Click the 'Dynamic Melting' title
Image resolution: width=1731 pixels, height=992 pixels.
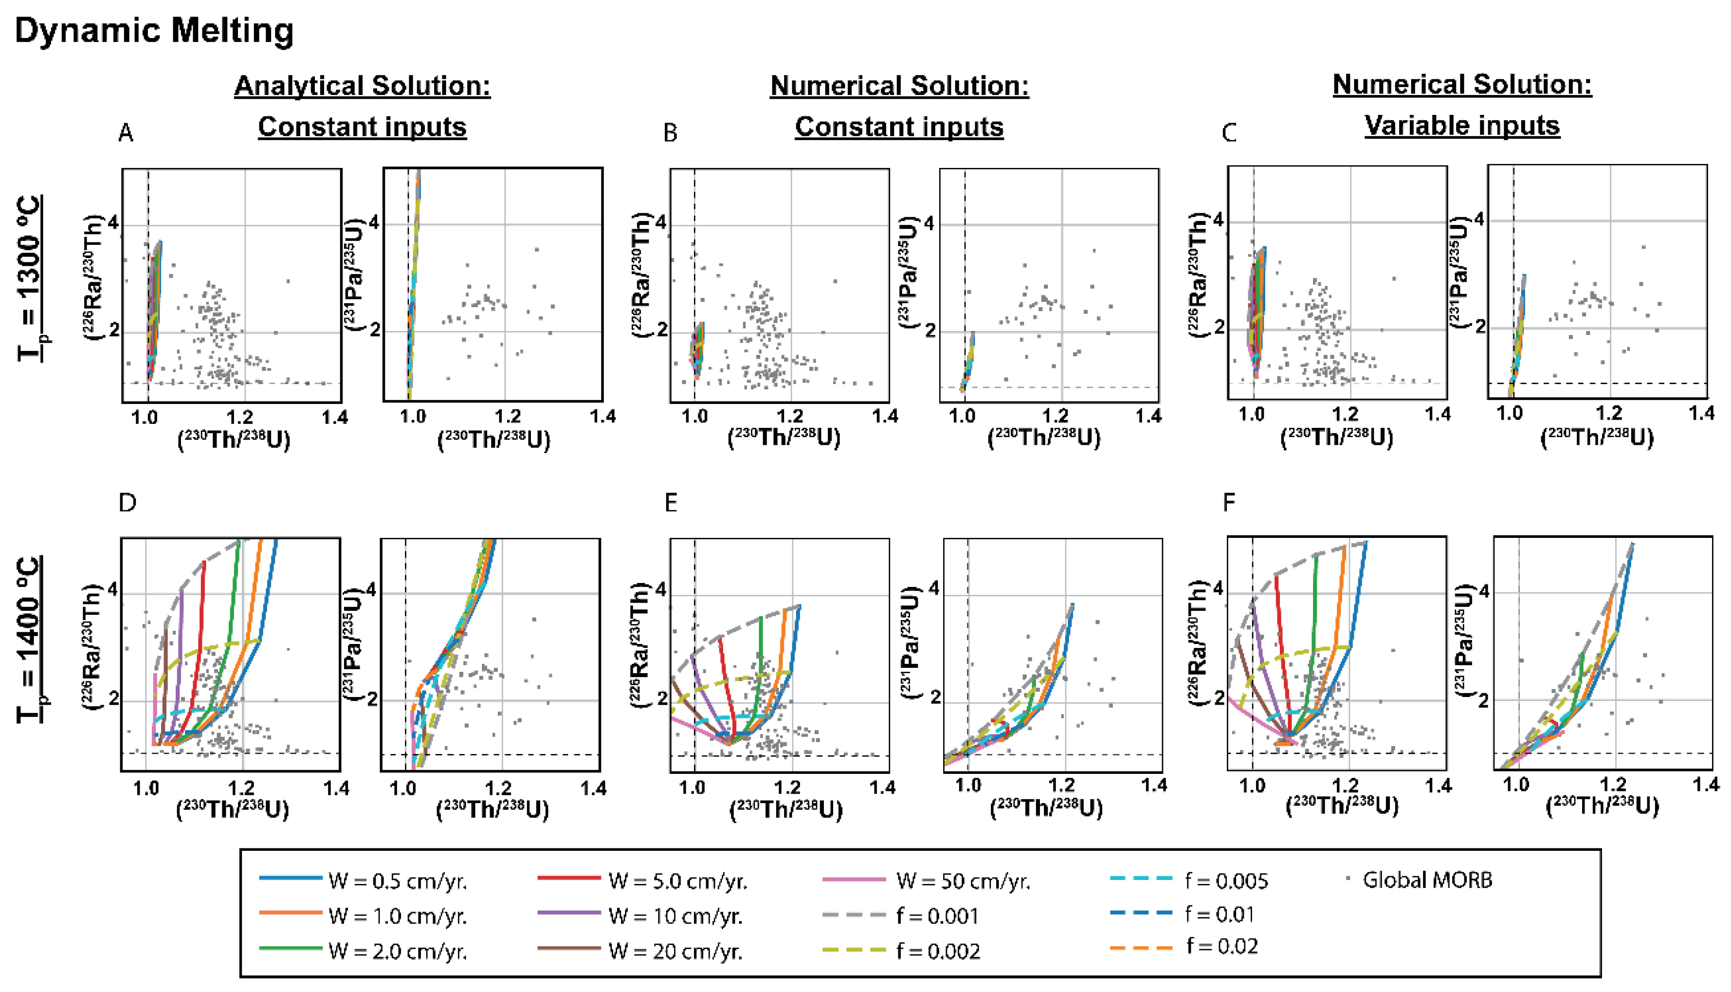pyautogui.click(x=154, y=31)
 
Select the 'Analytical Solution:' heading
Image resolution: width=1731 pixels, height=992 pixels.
pyautogui.click(x=362, y=86)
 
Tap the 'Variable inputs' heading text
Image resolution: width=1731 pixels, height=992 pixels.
pyautogui.click(x=1462, y=126)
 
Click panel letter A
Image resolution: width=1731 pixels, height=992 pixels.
pyautogui.click(x=126, y=133)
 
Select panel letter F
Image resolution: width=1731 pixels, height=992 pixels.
pyautogui.click(x=1228, y=503)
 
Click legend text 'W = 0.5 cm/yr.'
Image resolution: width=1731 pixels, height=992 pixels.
pyautogui.click(x=398, y=881)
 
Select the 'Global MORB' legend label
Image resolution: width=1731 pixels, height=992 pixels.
pyautogui.click(x=1427, y=880)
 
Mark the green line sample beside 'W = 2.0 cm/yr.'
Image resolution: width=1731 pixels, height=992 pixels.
pyautogui.click(x=290, y=948)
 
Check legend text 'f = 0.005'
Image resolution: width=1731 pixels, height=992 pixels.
pyautogui.click(x=1226, y=881)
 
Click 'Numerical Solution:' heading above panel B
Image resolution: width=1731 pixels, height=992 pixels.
pyautogui.click(x=899, y=86)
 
